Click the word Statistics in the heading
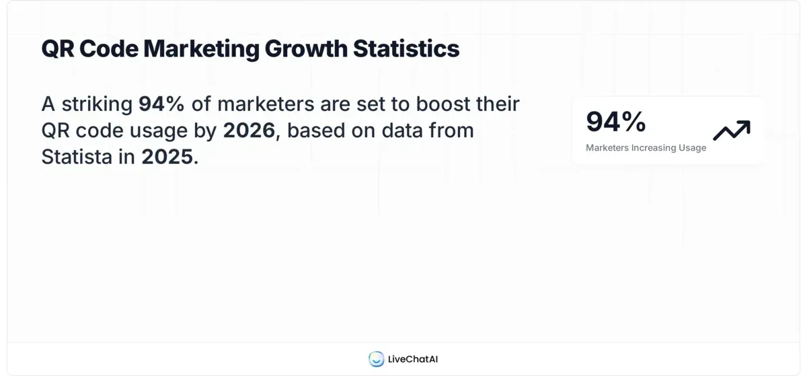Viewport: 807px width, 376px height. click(406, 48)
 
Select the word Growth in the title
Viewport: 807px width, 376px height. click(306, 48)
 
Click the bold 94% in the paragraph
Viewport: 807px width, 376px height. click(161, 104)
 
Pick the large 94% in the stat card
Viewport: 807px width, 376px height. click(615, 122)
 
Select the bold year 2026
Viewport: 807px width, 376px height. click(249, 130)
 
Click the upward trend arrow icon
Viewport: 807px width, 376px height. click(732, 130)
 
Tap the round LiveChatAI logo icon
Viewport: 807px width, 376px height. click(376, 359)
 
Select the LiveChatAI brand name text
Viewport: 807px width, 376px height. click(413, 359)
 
